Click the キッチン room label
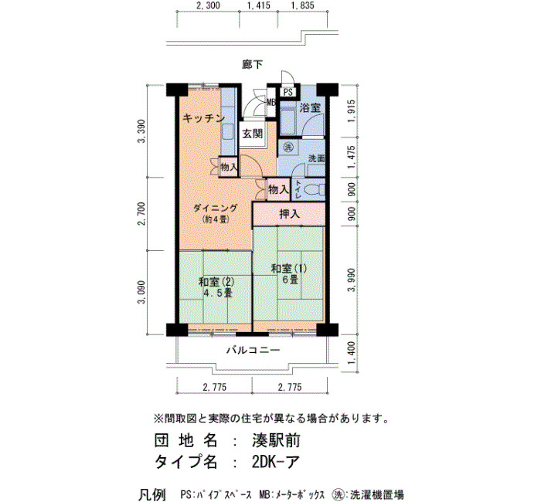tap(203, 118)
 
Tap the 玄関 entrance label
tap(252, 134)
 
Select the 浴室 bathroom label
tap(309, 108)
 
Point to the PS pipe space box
tap(288, 93)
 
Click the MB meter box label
tap(270, 103)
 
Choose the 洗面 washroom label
tap(316, 158)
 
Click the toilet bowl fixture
tap(316, 189)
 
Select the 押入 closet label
tap(289, 214)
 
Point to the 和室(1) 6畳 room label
tap(289, 273)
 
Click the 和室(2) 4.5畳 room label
tap(216, 287)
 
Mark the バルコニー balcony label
tap(253, 351)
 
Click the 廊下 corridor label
tap(252, 64)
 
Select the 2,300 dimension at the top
tap(208, 5)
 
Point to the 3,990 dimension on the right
tap(351, 280)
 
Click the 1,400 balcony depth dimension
tap(351, 353)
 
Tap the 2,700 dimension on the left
tap(141, 213)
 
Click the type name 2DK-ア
tap(274, 462)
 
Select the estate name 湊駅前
tap(276, 441)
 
